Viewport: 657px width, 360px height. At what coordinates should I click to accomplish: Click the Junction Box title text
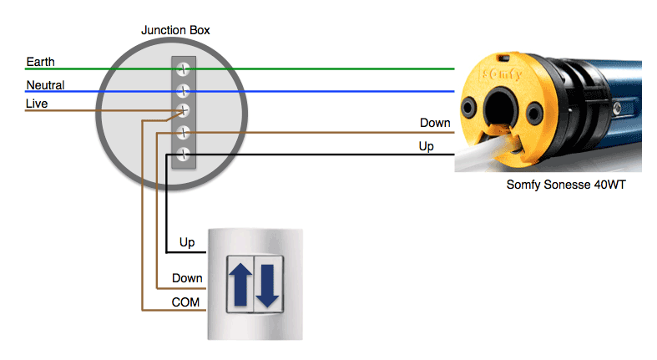point(175,30)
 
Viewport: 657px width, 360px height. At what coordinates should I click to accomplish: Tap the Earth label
point(40,62)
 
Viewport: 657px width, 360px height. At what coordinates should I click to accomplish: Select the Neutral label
point(45,85)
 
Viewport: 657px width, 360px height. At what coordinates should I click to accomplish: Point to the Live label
point(37,104)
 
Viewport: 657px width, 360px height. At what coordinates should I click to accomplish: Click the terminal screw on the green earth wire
point(183,68)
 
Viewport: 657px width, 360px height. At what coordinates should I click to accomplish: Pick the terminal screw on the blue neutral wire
point(183,90)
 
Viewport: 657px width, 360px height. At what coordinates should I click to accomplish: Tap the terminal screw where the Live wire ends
point(183,110)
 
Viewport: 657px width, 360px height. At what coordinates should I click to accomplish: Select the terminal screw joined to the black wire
point(183,155)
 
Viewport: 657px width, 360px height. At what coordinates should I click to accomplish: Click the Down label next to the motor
point(435,123)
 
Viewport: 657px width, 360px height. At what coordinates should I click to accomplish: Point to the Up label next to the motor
point(426,146)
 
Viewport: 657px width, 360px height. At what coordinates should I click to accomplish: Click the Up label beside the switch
point(187,242)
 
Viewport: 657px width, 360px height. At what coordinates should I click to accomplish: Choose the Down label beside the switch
point(187,278)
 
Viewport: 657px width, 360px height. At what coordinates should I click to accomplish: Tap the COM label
point(185,302)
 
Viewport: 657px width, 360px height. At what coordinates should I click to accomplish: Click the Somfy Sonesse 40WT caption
point(566,185)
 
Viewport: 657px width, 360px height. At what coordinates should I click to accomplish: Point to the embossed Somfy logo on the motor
point(502,74)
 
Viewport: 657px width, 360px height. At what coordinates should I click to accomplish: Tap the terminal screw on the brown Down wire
point(183,133)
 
